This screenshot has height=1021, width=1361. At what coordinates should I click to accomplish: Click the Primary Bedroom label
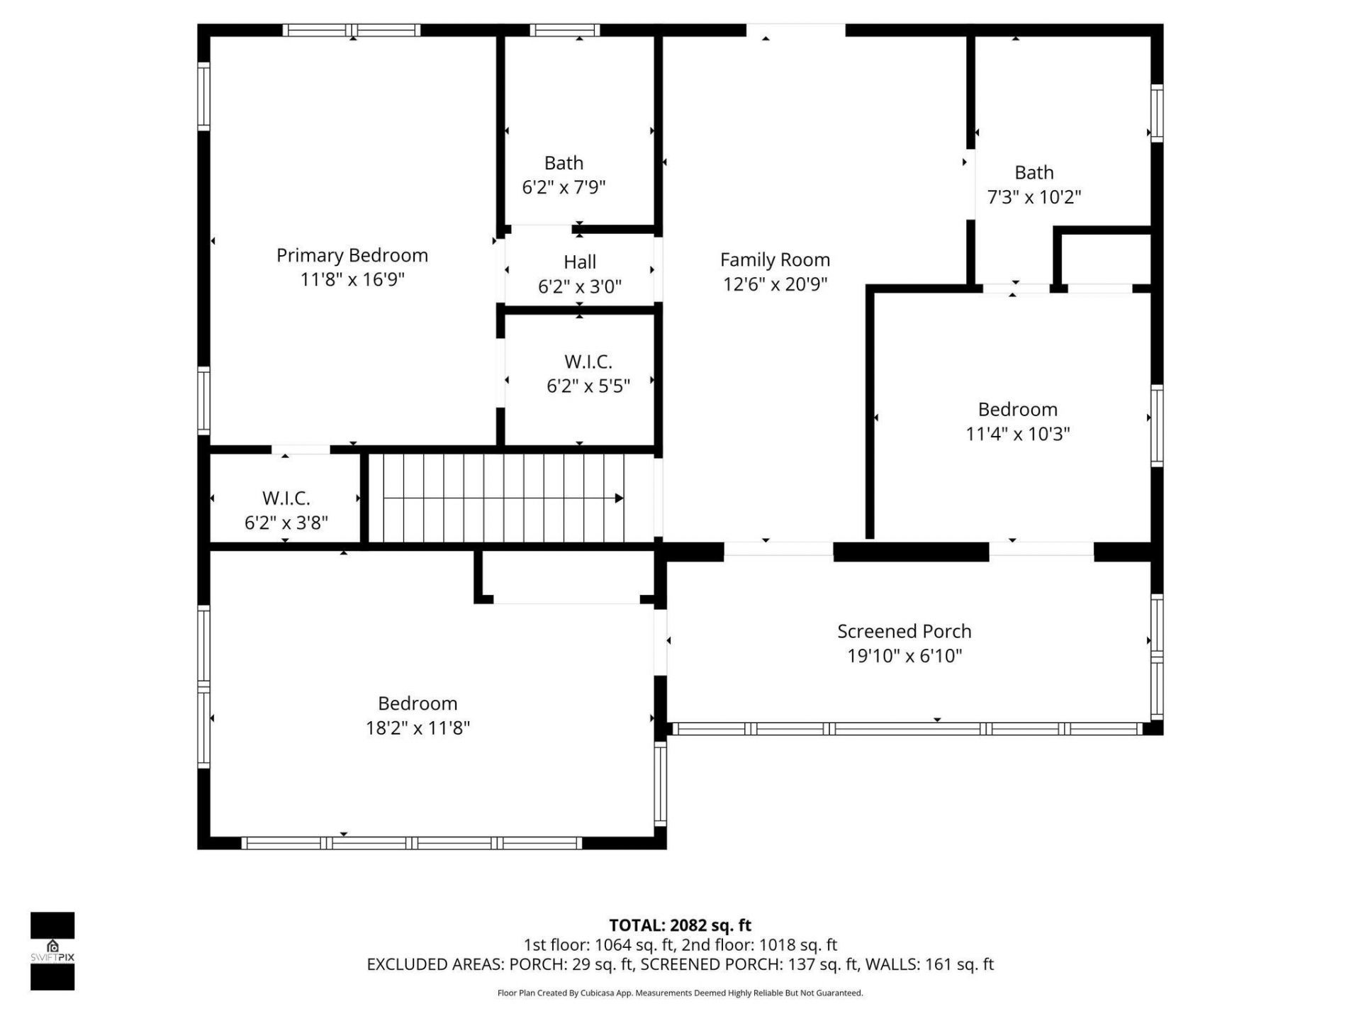click(352, 255)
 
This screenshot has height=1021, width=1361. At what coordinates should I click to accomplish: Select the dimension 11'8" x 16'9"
click(352, 279)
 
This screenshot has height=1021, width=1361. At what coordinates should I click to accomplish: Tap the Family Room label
click(775, 260)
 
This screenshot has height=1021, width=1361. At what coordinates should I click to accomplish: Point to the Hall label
click(579, 262)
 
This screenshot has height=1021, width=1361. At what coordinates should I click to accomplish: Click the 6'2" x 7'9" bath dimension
click(564, 187)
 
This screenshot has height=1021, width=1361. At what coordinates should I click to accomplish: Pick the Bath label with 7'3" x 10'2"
click(1034, 172)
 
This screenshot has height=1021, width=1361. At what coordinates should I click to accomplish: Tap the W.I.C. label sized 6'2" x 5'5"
click(588, 362)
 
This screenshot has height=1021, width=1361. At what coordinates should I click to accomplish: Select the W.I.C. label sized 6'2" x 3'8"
click(286, 498)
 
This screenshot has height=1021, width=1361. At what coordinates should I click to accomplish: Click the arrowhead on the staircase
click(619, 498)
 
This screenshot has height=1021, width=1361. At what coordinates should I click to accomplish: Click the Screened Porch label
click(904, 631)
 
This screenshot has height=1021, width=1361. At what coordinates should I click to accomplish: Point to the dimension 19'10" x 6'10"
click(904, 656)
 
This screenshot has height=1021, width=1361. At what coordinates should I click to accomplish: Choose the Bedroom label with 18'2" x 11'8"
click(417, 703)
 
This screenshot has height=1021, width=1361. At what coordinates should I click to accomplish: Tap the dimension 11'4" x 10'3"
click(1017, 433)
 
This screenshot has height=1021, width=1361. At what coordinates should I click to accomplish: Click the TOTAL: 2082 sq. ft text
click(680, 925)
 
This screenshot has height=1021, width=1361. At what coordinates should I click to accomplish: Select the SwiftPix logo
click(52, 950)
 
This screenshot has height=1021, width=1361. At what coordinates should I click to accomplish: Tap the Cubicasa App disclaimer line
click(680, 993)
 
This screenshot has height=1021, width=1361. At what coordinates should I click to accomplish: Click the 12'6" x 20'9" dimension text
click(775, 284)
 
